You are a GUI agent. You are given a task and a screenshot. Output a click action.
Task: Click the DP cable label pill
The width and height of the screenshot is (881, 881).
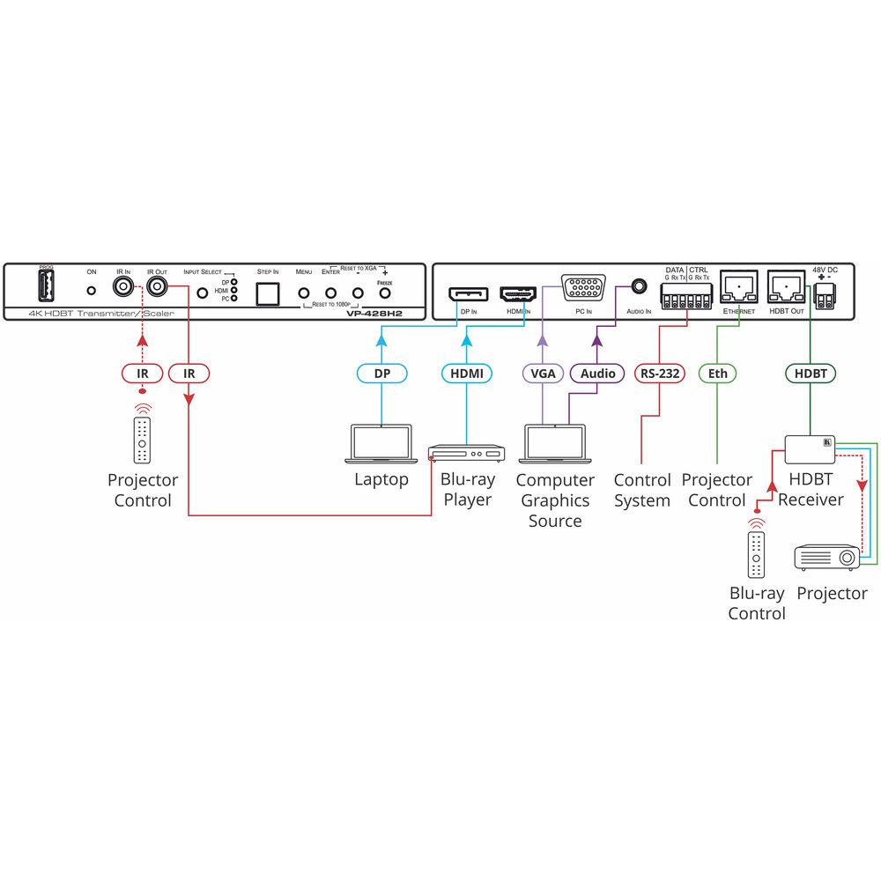381,374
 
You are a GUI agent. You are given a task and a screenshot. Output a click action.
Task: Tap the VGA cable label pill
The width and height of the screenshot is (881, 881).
544,374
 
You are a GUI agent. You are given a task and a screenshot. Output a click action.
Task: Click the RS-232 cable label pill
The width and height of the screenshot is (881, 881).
660,374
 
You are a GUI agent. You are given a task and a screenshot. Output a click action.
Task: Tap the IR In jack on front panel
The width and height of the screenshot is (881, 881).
122,288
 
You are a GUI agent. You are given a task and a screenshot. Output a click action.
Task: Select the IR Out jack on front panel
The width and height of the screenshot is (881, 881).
159,288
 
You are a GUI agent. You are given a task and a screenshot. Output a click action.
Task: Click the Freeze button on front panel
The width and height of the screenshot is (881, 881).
384,294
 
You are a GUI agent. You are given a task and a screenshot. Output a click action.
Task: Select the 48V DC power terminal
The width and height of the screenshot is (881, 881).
825,298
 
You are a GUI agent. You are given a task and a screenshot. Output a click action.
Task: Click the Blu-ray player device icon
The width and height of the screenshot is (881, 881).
464,455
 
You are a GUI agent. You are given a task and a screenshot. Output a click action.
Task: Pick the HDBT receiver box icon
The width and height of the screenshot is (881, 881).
810,448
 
